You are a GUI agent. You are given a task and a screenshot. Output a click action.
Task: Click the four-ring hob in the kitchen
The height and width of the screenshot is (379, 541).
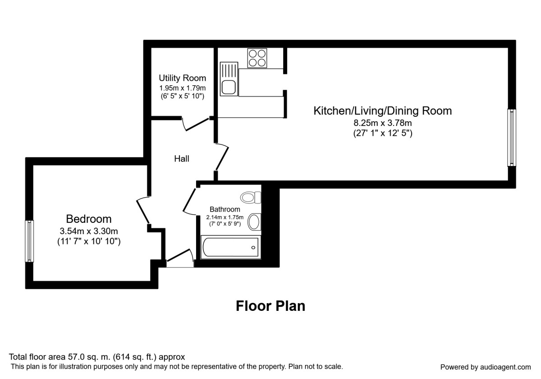click(257, 58)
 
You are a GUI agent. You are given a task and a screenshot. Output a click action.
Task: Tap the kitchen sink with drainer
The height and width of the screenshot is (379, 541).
click(229, 79)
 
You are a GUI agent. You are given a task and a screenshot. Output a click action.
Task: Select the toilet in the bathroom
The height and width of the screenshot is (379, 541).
click(251, 198)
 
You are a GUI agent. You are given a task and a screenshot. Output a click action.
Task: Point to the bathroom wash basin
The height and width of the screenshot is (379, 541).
click(254, 222)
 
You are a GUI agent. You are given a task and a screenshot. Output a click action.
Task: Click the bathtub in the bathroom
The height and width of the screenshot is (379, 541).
click(231, 247)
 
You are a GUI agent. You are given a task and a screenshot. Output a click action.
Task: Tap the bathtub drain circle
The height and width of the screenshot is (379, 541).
click(253, 248)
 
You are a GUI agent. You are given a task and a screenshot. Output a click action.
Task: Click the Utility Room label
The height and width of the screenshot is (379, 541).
click(182, 78)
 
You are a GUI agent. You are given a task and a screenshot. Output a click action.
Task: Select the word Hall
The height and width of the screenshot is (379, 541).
click(182, 158)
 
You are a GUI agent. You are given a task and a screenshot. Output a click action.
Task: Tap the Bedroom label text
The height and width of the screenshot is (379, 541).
click(89, 219)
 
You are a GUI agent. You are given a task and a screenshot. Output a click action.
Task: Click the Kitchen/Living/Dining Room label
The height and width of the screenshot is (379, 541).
click(383, 111)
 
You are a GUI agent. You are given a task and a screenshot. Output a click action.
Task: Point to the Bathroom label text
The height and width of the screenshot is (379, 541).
click(225, 209)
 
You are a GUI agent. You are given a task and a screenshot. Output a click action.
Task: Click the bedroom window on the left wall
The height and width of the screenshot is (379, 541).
click(29, 241)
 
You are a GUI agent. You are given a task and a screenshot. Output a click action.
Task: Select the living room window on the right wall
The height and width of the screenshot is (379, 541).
click(512, 138)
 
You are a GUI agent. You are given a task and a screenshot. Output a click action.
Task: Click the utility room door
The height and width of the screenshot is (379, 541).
click(197, 124)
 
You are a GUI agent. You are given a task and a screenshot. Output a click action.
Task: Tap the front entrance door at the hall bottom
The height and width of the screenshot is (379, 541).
click(180, 258)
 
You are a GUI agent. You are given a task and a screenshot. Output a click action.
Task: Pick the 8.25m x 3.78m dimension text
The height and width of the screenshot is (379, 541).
click(383, 123)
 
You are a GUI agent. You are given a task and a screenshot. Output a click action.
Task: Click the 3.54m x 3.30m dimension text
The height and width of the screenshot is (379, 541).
click(89, 231)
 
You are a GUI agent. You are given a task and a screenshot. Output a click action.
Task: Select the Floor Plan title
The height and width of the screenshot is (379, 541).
click(270, 306)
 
